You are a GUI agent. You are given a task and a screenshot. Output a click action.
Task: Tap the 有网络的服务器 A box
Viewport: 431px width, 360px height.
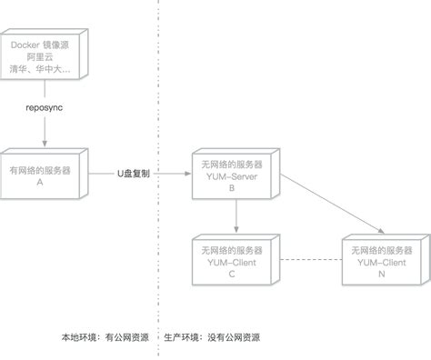pos(41,175)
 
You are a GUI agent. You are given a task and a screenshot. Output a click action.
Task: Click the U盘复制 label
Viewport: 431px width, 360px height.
pos(133,173)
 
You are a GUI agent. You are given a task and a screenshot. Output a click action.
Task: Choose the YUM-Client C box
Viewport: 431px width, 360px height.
pos(232,261)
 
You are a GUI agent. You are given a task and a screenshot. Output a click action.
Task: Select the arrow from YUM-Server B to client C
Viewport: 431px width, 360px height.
pos(236,216)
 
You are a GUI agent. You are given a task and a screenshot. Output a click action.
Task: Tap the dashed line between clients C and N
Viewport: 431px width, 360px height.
pos(307,262)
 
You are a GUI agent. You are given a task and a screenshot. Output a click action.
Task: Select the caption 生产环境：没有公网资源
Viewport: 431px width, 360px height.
pos(211,337)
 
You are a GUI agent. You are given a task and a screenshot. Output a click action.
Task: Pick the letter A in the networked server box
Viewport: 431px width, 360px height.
pos(41,182)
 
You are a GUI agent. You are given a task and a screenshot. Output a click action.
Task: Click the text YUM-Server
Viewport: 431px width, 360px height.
pos(232,176)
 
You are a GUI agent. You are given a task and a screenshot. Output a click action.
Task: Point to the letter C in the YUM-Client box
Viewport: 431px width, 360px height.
pos(232,274)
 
